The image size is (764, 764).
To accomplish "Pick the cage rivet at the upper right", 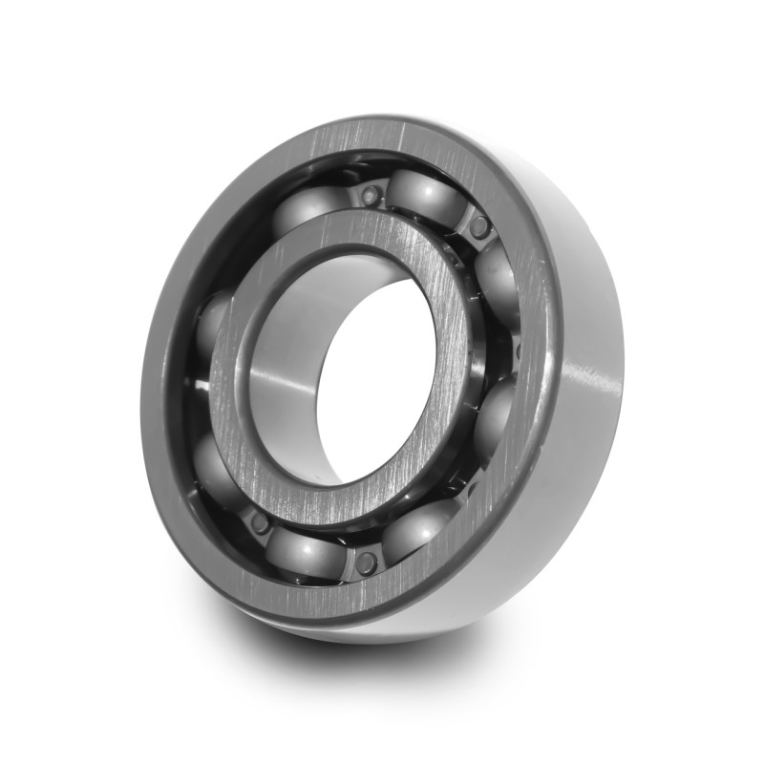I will coord(479,226).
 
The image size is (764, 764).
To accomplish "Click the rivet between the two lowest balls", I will coord(365,562).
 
